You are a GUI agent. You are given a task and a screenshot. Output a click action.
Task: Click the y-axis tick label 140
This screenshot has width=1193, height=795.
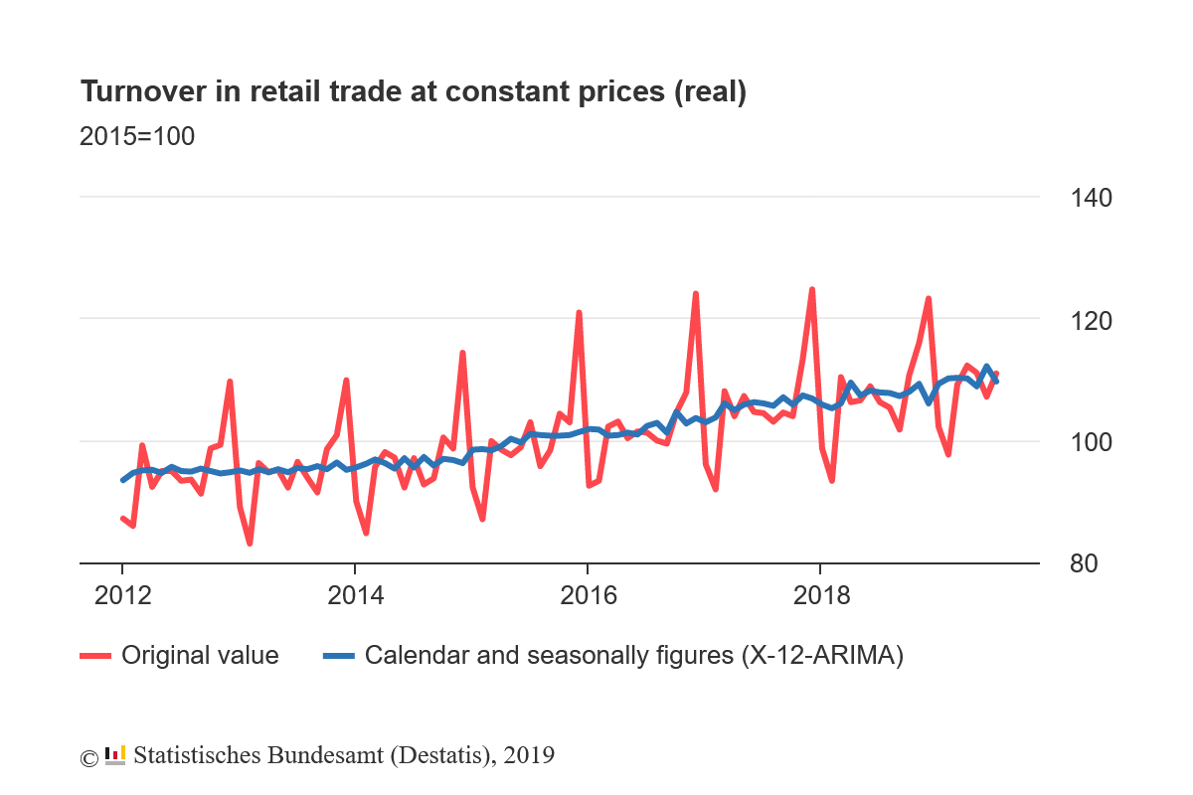coord(1092,199)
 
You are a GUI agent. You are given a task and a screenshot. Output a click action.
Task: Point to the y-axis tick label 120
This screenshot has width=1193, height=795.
coord(1092,321)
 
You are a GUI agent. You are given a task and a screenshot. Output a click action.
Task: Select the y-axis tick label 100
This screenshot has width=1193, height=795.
coord(1092,442)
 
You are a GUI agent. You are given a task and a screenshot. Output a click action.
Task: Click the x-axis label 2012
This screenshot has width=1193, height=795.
coord(122,596)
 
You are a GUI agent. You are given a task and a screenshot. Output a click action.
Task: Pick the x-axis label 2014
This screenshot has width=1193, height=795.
coord(355,596)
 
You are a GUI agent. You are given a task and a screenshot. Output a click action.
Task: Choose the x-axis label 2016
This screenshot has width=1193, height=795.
coord(588,596)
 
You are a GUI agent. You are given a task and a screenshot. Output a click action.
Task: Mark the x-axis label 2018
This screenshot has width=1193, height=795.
coord(820,596)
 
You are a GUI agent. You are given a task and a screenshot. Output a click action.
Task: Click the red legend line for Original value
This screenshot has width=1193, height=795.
coord(94,656)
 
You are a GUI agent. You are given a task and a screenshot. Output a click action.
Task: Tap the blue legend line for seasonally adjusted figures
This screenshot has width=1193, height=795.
coord(339,656)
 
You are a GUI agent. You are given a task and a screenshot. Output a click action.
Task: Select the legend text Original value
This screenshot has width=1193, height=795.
coord(200,656)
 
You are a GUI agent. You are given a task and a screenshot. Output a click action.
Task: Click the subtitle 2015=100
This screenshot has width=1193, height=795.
coord(137,136)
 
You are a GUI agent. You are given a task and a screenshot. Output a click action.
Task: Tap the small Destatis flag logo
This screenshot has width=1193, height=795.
coord(115,756)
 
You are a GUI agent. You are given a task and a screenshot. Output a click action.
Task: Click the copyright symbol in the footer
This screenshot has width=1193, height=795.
coord(88,757)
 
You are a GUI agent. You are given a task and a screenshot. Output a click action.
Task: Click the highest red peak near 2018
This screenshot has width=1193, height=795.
coord(812,289)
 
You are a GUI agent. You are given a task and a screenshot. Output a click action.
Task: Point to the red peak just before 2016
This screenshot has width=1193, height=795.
coord(579,313)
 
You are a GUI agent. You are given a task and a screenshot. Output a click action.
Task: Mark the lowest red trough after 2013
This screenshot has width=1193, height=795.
coord(250,544)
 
